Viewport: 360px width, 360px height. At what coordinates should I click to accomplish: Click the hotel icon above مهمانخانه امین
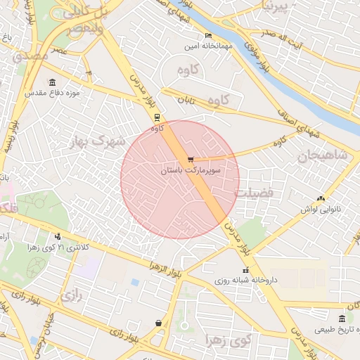[x=207, y=36]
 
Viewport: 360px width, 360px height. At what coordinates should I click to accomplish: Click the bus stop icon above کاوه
[x=156, y=118]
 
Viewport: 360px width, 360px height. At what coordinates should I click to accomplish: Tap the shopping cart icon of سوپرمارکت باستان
[x=191, y=160]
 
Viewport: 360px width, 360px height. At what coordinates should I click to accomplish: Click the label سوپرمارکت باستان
[x=191, y=171]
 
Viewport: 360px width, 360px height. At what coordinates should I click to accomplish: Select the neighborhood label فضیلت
[x=258, y=192]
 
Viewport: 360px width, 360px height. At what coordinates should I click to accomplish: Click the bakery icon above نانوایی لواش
[x=321, y=199]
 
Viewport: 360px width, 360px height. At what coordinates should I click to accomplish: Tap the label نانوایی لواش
[x=321, y=210]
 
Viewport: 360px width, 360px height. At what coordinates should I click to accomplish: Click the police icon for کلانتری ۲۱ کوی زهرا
[x=58, y=237]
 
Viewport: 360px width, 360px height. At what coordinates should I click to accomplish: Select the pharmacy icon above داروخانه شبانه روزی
[x=245, y=270]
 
